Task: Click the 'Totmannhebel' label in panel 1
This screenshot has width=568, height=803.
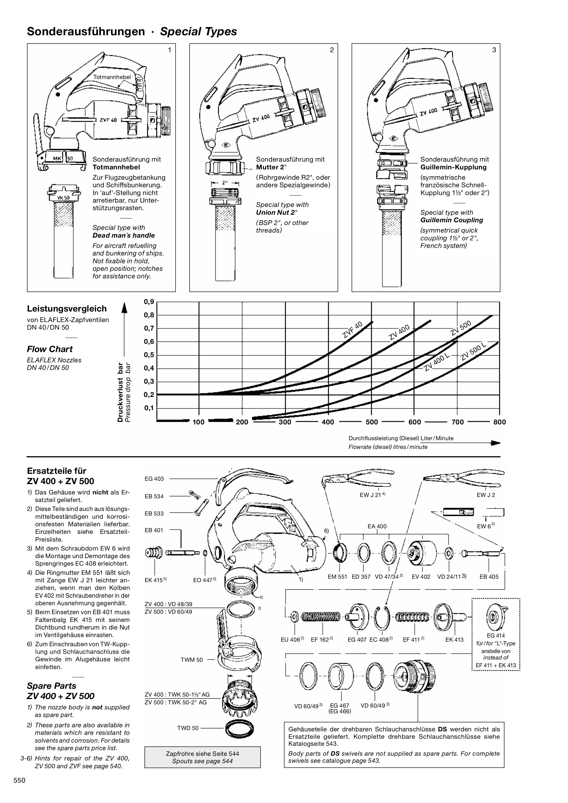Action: click(x=112, y=77)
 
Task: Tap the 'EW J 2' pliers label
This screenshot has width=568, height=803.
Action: click(x=486, y=495)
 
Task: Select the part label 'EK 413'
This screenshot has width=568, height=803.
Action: click(x=454, y=640)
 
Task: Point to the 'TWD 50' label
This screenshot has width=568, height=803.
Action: click(x=188, y=728)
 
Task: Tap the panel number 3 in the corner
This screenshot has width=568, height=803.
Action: click(x=494, y=50)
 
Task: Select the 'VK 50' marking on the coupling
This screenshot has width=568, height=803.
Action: click(x=63, y=198)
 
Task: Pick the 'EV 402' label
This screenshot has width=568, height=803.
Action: click(x=421, y=577)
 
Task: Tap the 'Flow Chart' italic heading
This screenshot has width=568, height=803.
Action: click(x=50, y=349)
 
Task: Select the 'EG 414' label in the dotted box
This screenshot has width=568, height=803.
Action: click(x=496, y=635)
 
